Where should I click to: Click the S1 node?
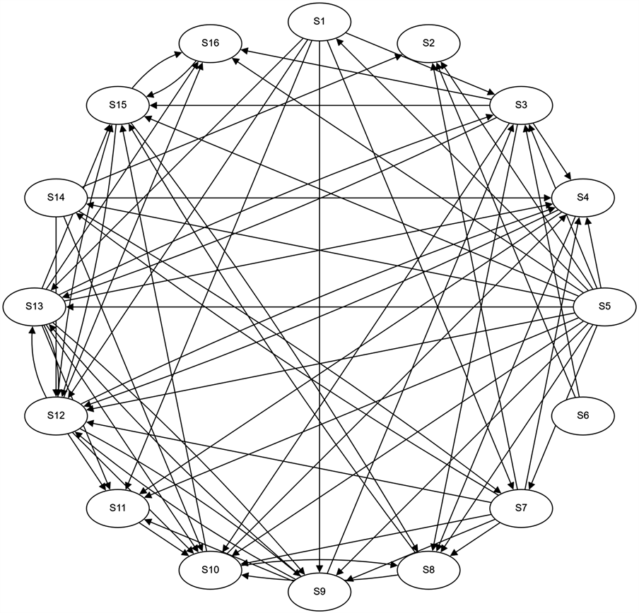click(319, 21)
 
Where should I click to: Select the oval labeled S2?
click(428, 42)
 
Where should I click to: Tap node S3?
click(522, 105)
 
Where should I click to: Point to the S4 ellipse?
click(583, 198)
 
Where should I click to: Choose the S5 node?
click(602, 308)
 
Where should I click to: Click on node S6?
click(583, 417)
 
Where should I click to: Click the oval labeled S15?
click(117, 105)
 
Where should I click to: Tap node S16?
click(209, 42)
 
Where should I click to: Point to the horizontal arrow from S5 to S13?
click(318, 307)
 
